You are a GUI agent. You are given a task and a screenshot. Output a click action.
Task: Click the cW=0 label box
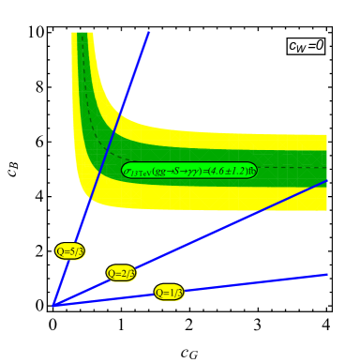click(x=306, y=45)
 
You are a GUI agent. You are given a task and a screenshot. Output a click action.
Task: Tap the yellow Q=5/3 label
click(x=70, y=250)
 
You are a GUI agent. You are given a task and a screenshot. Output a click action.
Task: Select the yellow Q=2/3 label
click(x=122, y=273)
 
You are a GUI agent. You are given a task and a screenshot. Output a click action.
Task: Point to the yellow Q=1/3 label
click(x=170, y=293)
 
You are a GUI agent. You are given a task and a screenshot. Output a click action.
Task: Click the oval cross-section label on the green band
click(x=189, y=171)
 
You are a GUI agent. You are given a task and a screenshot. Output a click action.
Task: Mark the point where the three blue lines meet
click(x=54, y=305)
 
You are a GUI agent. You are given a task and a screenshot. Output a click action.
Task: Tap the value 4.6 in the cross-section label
click(x=217, y=171)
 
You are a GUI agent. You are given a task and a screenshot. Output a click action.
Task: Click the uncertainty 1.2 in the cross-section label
click(x=234, y=171)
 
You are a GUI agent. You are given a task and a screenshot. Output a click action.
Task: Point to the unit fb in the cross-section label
click(x=250, y=171)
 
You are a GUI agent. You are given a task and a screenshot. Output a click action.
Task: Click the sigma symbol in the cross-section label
click(x=127, y=171)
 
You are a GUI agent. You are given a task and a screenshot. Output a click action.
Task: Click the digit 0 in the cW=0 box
click(x=319, y=45)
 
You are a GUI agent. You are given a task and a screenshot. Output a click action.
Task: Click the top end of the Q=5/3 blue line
click(x=149, y=33)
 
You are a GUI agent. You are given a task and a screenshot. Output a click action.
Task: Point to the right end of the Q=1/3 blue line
click(x=326, y=275)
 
